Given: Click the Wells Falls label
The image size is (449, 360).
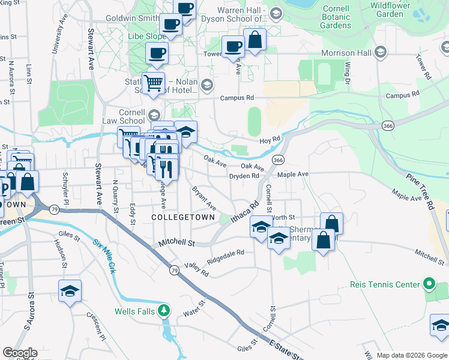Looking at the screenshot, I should [x=134, y=311].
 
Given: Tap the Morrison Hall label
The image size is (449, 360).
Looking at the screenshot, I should [x=346, y=53].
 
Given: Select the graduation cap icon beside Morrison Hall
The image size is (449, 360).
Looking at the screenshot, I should [x=379, y=53].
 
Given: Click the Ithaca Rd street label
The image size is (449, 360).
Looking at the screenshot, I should [x=244, y=212].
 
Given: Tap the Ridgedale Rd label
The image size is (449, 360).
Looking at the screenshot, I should [x=226, y=256].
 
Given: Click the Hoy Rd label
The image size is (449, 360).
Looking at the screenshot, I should [x=270, y=140].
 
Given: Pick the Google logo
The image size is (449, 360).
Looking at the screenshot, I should [x=20, y=353].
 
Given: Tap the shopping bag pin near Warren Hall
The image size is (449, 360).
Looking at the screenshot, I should [x=255, y=40].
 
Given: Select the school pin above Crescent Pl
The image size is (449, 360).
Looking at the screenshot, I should [x=70, y=291].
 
